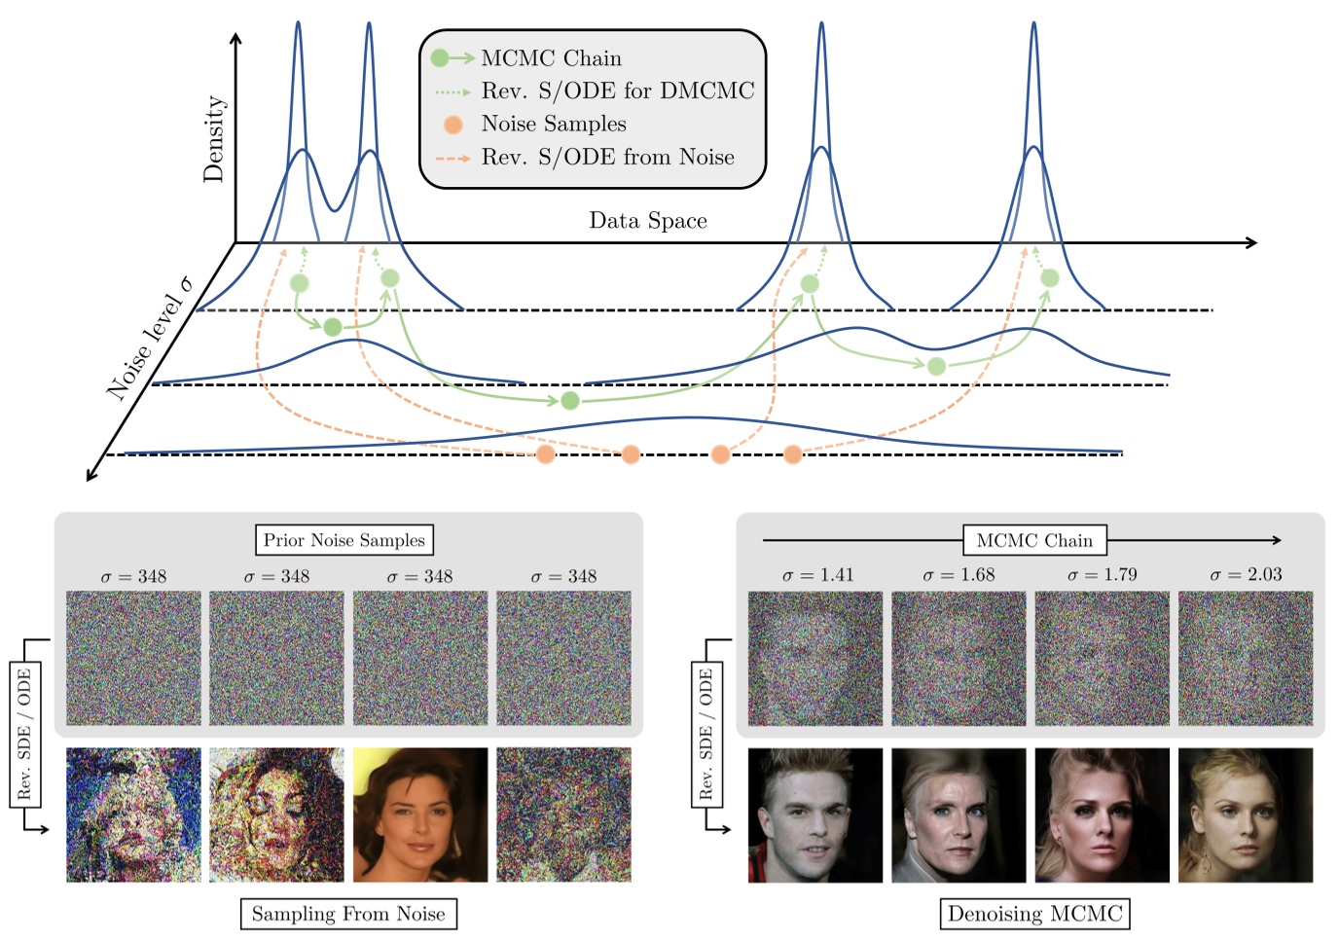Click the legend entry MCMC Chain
coord(551,58)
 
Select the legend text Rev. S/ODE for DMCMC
coord(617,91)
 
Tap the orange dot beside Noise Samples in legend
coord(452,125)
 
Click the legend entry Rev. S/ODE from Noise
coord(607,158)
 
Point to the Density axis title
coord(213,138)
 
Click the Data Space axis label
coord(647,221)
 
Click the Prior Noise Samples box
coord(344,540)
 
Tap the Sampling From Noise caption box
coord(348,914)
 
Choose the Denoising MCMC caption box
coord(1034,914)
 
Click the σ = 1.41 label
coord(817,575)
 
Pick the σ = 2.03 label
coord(1246,575)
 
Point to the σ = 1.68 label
coord(959,575)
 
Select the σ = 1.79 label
coord(1102,575)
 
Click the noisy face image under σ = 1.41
coord(815,659)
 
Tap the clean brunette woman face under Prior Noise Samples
coord(420,815)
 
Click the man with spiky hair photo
coord(815,815)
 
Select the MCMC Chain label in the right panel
coord(1034,540)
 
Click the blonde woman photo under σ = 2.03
coord(1246,815)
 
